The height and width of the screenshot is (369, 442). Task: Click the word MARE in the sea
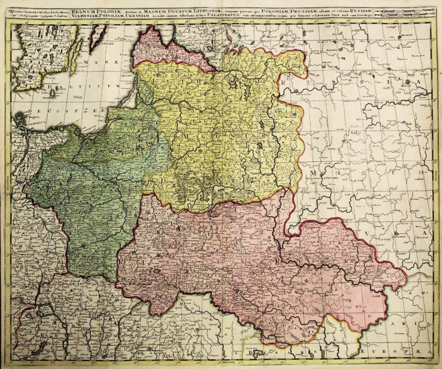(x=92, y=63)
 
